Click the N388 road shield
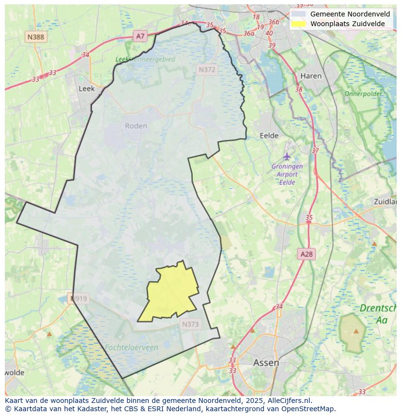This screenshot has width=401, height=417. point(36,37)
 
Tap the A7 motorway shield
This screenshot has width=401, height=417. point(140,36)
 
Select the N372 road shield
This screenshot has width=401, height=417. point(207,70)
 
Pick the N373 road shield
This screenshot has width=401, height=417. point(190,324)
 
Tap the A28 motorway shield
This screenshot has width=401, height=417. point(307,254)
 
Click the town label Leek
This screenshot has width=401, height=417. point(86,89)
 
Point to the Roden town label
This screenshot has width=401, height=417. point(136,126)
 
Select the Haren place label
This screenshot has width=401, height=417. point(310,76)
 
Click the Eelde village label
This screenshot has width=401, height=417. point(269,136)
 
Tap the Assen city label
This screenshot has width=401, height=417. point(266,362)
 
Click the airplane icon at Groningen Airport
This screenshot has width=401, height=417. point(287,156)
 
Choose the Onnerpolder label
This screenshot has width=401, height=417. point(363,93)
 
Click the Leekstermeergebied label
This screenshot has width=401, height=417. point(145,59)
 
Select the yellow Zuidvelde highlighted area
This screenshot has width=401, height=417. point(172,293)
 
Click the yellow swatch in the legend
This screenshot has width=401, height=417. point(298,24)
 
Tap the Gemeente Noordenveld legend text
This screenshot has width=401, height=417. point(350,14)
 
